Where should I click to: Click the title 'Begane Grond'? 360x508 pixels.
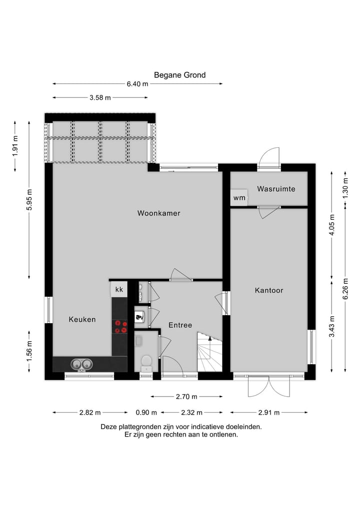[x=179, y=75]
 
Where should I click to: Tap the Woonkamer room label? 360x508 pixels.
[x=158, y=213]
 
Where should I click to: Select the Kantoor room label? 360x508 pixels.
[x=268, y=290]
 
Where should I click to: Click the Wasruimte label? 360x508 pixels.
[x=276, y=189]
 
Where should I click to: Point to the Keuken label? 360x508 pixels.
[x=82, y=319]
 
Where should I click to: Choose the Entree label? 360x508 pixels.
[x=180, y=325]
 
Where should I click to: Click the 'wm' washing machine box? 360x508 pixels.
[x=239, y=198]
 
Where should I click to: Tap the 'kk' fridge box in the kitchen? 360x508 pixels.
[x=119, y=289]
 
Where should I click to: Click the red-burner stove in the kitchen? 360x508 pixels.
[x=120, y=327]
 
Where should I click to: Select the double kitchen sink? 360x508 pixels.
[x=81, y=364]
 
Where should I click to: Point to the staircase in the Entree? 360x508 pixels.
[x=209, y=353]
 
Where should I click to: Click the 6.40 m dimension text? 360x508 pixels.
[x=137, y=84]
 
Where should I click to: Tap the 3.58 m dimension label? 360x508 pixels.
[x=100, y=98]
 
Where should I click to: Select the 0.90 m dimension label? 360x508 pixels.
[x=146, y=413]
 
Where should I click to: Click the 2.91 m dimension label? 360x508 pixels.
[x=268, y=413]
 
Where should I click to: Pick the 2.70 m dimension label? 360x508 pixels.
[x=186, y=397]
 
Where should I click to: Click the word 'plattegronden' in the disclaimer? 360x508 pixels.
[x=142, y=427]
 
